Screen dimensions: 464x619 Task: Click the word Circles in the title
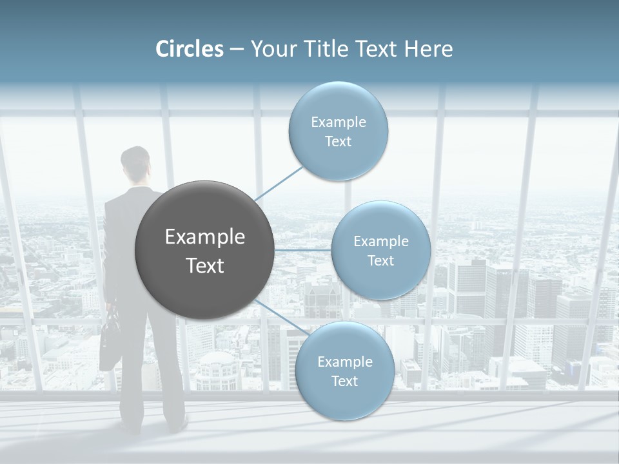point(190,49)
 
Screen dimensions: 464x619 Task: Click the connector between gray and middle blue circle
point(303,250)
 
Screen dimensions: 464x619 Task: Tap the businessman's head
point(135,161)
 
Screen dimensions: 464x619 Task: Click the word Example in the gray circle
point(205,237)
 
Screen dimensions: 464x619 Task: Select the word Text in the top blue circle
point(338,142)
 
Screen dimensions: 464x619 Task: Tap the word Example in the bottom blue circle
point(344,362)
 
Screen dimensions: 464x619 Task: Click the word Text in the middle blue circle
point(380,261)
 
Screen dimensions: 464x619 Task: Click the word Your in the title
point(270,49)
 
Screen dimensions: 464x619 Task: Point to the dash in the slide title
point(237,50)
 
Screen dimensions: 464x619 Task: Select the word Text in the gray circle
point(205,266)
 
